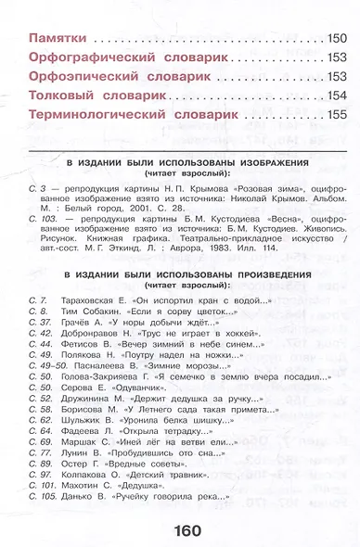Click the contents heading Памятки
click(x=58, y=39)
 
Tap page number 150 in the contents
click(x=337, y=39)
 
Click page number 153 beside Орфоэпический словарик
click(x=337, y=76)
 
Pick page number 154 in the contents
click(x=337, y=95)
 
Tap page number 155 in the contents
click(x=337, y=115)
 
